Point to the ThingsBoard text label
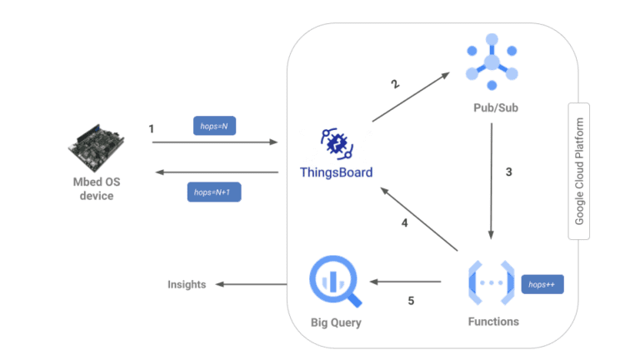tap(336, 173)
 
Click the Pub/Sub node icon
tap(492, 62)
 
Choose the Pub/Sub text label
tap(492, 109)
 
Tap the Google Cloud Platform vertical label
tap(579, 171)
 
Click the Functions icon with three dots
tap(491, 283)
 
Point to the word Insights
tap(187, 284)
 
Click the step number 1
tap(151, 129)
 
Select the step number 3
tap(508, 173)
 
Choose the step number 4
tap(404, 222)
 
